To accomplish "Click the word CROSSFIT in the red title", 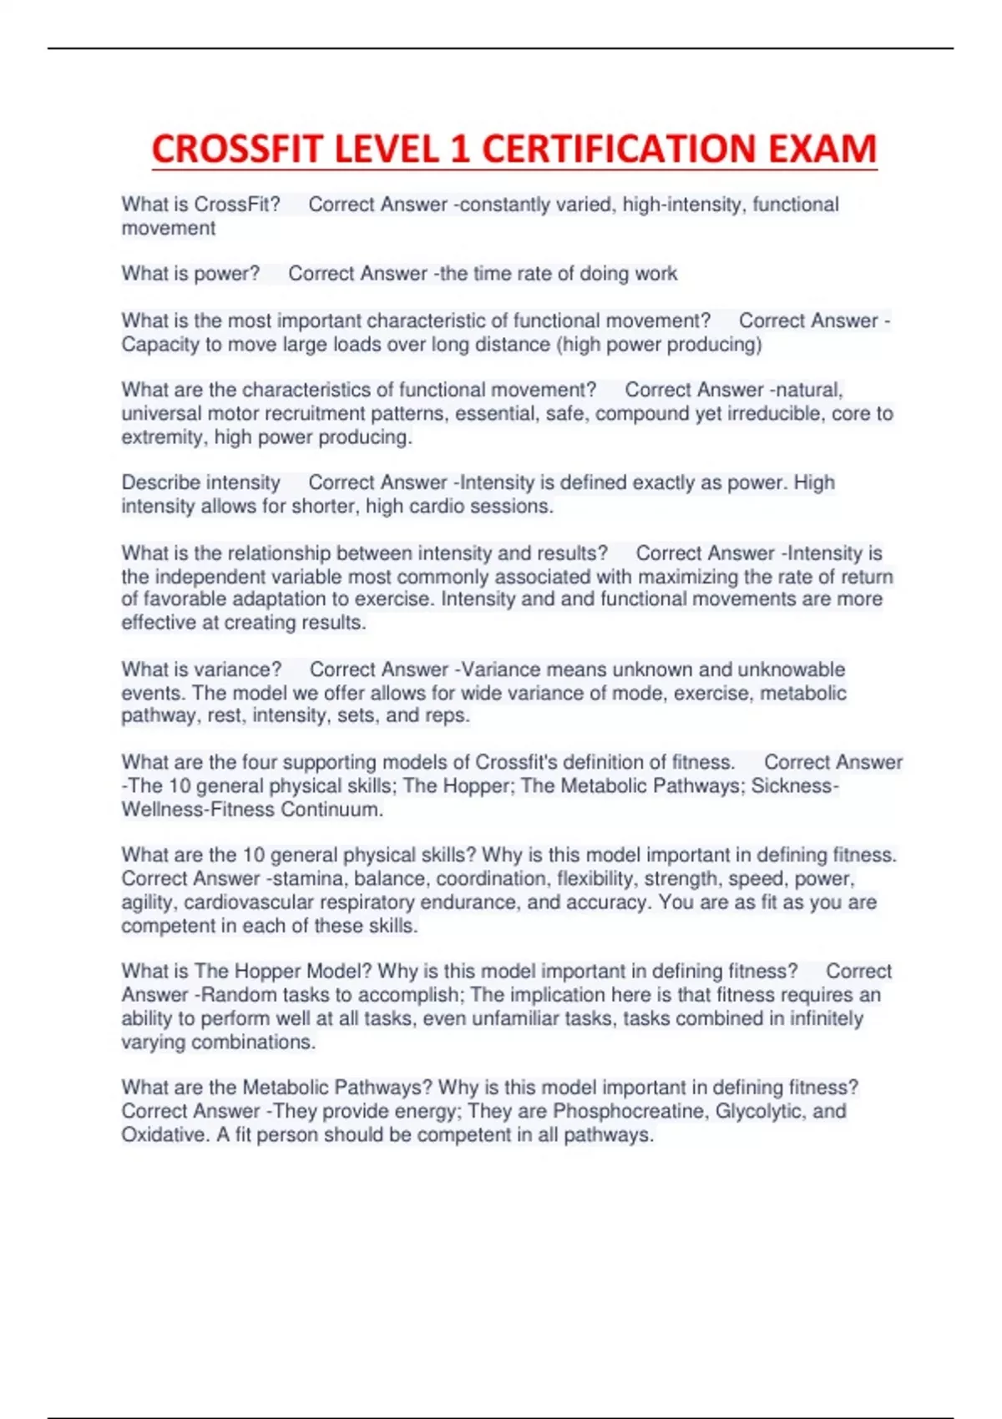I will point(235,149).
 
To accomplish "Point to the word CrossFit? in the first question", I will point(237,205).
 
